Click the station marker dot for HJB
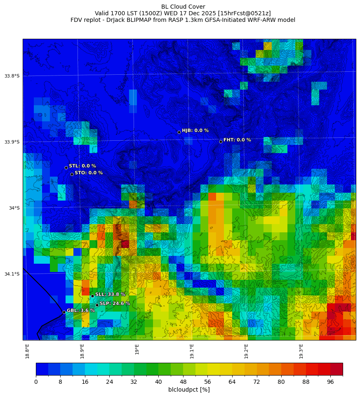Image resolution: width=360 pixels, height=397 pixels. [x=179, y=132]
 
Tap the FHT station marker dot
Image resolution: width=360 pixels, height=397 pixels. [x=221, y=142]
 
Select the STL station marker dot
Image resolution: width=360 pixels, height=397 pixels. [x=66, y=168]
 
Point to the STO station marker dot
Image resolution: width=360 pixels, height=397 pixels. [x=72, y=174]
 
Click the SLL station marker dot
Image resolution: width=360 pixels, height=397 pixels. [x=92, y=296]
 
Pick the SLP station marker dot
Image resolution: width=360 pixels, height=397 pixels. [x=97, y=305]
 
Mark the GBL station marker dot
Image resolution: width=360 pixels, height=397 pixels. [x=64, y=312]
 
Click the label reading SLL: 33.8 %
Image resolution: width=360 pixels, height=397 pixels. [x=110, y=294]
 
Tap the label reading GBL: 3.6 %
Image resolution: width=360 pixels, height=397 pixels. [x=81, y=310]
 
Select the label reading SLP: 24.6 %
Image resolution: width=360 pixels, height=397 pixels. [x=115, y=303]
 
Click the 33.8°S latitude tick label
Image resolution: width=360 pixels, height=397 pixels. [x=12, y=76]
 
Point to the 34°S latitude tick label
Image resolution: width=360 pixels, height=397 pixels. [x=14, y=208]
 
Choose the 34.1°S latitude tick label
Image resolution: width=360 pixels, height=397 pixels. [x=12, y=274]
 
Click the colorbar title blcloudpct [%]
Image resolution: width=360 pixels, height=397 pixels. [x=189, y=390]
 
